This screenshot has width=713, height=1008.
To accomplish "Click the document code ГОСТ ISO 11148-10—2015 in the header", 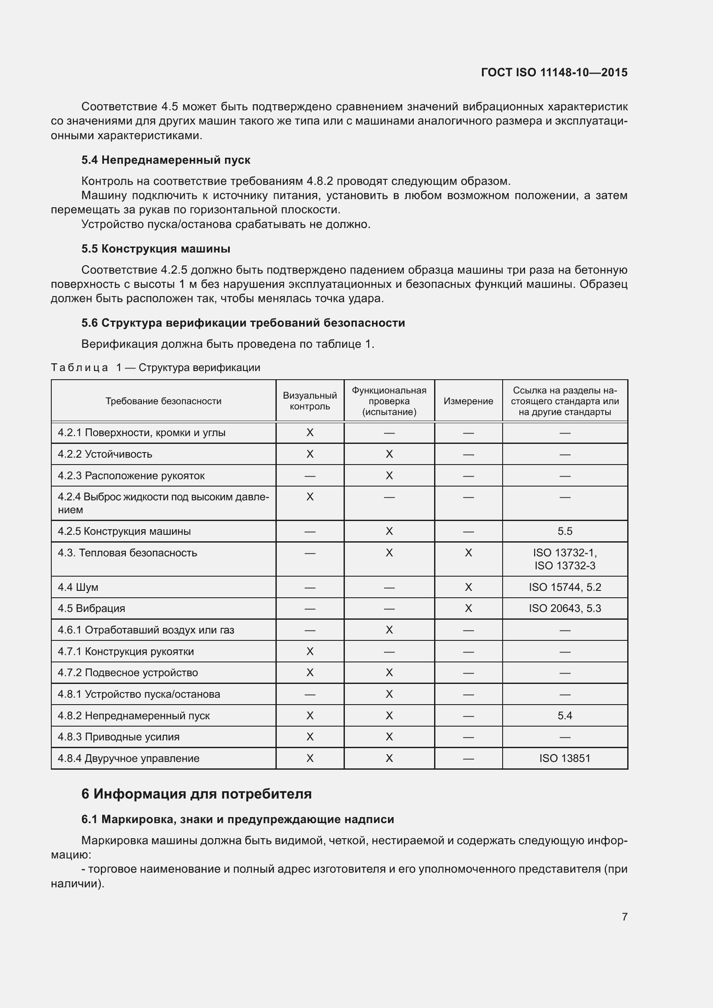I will coord(554,72).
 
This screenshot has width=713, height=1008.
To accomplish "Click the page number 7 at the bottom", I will coord(624,917).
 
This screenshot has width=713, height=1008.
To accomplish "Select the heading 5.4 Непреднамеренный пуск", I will coord(166,160).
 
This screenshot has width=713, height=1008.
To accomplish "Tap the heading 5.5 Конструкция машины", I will coord(156,249).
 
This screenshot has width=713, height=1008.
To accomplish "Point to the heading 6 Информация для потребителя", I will coord(196,794).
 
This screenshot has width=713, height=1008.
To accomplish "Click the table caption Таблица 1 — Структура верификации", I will coord(156,368).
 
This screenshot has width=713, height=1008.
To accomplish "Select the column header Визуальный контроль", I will coord(310,401).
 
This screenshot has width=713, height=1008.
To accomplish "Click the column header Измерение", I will coord(468,401).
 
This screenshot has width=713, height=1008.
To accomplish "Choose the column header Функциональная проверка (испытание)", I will coord(389,401).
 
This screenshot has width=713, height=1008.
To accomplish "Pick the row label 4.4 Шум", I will coord(78,587).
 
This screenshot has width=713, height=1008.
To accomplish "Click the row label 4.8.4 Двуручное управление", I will coord(128,758).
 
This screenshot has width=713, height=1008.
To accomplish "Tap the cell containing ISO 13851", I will coord(565,758).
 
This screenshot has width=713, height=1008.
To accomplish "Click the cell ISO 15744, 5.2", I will coord(565,587).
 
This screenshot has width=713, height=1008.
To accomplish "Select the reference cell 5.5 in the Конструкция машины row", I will coord(565,531).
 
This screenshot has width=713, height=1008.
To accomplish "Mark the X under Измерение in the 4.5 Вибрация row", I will coord(468,609).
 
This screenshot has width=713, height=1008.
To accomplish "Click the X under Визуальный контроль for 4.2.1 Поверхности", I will coord(310,433).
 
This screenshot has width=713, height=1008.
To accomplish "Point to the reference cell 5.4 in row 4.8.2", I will coord(565,716).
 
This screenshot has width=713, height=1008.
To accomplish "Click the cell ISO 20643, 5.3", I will coord(565,609).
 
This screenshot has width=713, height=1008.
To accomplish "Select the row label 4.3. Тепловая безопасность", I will coord(127,553).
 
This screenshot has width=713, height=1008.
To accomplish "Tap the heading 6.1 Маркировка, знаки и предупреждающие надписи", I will coord(238,819).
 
